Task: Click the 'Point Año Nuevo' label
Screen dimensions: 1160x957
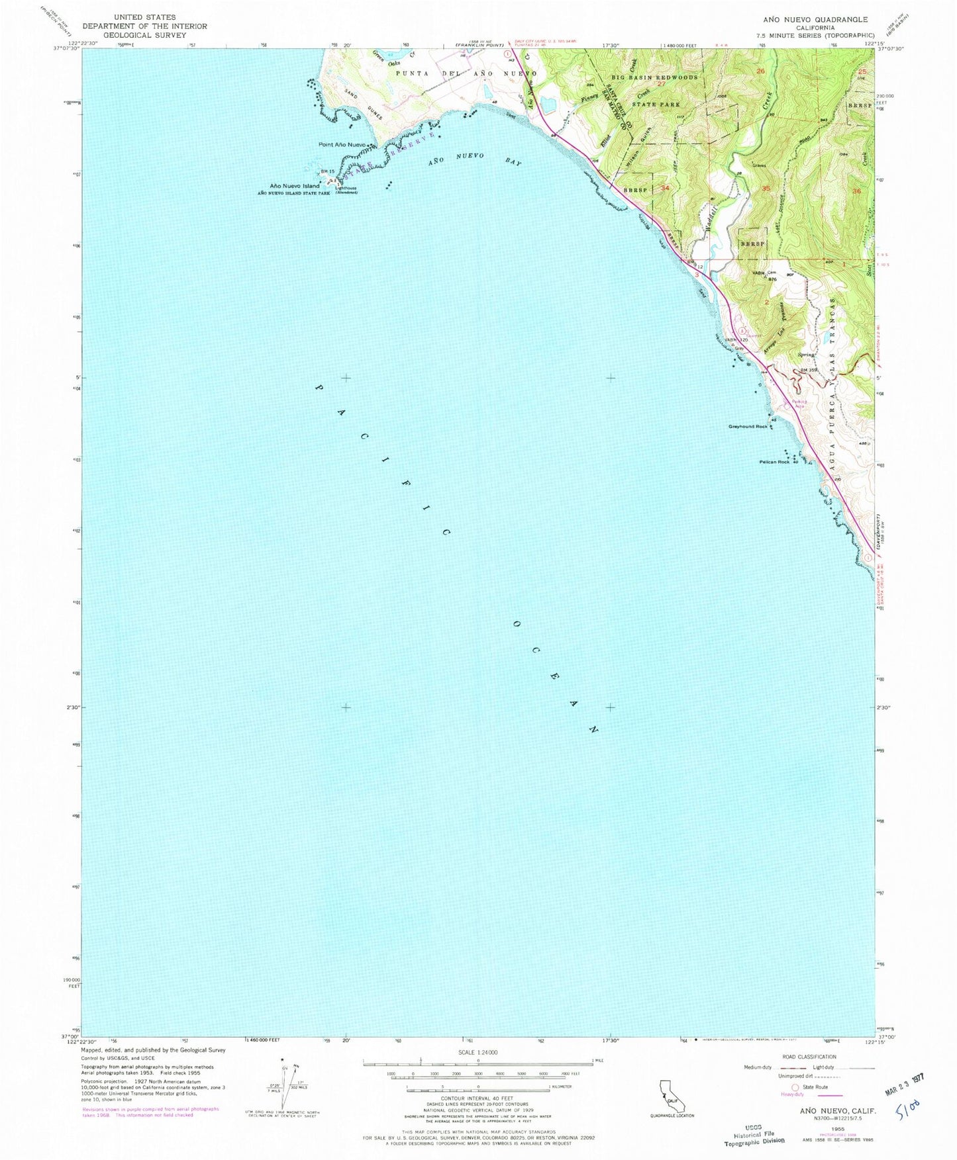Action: (342, 144)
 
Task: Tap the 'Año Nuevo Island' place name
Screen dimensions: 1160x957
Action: (294, 186)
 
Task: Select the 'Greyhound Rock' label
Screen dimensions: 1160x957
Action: (748, 427)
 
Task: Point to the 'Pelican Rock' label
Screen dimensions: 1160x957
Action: (774, 462)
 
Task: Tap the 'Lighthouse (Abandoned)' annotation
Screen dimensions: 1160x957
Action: (346, 190)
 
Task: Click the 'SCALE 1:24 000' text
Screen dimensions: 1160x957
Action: (478, 1053)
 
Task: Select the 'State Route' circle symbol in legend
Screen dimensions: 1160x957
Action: (795, 1087)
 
